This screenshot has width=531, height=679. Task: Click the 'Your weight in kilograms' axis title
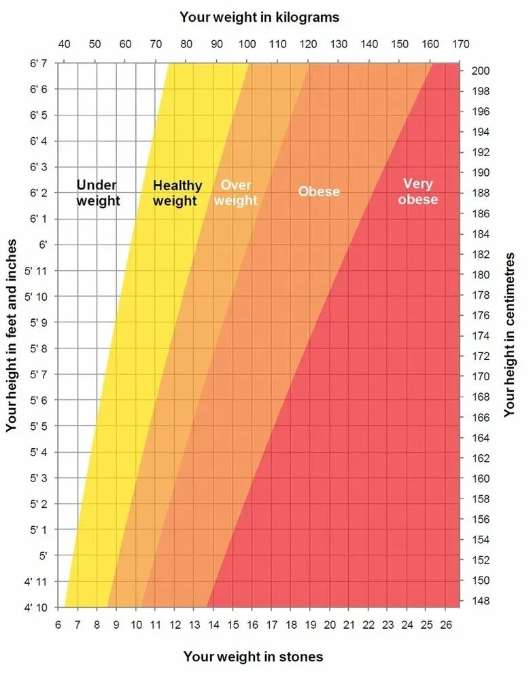259,17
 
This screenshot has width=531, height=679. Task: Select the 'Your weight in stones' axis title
253,657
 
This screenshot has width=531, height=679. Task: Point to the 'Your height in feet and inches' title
11,335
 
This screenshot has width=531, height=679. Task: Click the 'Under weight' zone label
97,193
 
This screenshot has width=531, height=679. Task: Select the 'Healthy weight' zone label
177,193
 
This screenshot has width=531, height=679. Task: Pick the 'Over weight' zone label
236,193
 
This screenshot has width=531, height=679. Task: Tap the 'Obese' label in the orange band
319,191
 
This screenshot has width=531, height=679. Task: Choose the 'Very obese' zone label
418,191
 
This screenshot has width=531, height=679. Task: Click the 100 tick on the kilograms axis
247,45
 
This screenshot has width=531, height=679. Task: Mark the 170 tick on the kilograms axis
460,45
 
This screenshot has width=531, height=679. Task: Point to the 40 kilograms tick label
64,45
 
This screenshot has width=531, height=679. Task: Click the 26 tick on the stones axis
447,625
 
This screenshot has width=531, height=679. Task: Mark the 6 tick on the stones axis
58,625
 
